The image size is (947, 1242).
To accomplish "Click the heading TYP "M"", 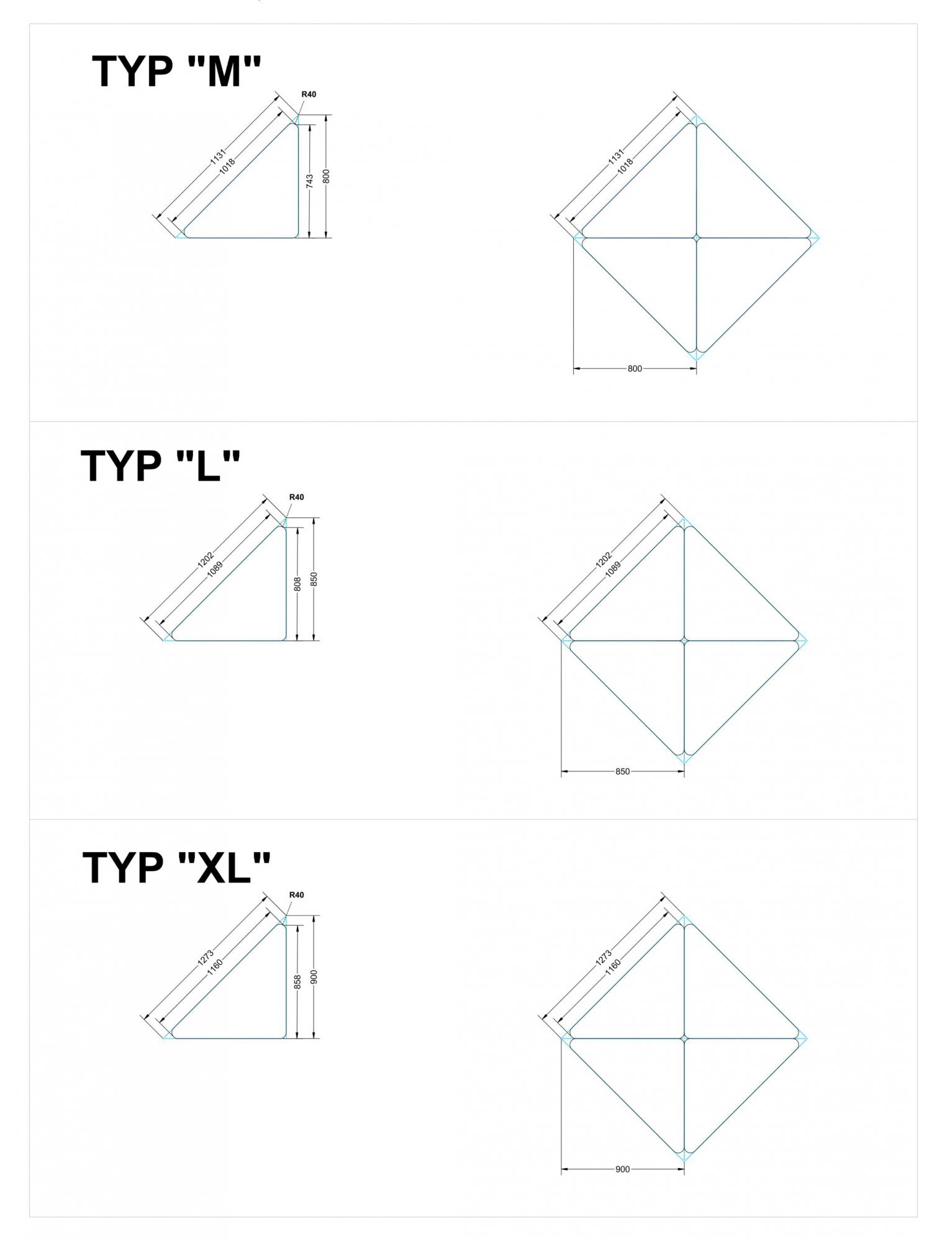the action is tap(176, 71).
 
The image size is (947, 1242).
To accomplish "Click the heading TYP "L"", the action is tap(160, 465).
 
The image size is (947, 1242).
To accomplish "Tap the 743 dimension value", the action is tap(309, 181).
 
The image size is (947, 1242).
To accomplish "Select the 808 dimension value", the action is tap(297, 584).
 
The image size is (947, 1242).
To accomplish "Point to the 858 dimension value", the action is tap(297, 982).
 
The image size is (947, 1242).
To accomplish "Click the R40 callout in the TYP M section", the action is tap(309, 94).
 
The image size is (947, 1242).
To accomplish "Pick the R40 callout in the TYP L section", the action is tap(297, 497).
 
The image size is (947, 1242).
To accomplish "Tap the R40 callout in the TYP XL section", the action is tap(297, 895).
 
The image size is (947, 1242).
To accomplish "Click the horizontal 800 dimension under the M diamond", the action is tap(635, 369).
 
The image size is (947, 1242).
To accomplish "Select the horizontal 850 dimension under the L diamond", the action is tap(622, 771).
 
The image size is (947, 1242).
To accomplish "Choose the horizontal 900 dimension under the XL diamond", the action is tap(622, 1169).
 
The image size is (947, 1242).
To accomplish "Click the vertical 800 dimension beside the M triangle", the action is tap(327, 176).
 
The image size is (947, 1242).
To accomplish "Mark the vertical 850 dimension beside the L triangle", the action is tap(314, 579).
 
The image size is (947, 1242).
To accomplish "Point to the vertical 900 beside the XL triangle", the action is tap(314, 977).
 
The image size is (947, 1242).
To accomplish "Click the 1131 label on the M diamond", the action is tap(615, 156).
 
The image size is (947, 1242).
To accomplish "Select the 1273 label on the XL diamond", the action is tap(604, 958).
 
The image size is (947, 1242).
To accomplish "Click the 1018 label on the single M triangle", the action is tap(227, 167).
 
